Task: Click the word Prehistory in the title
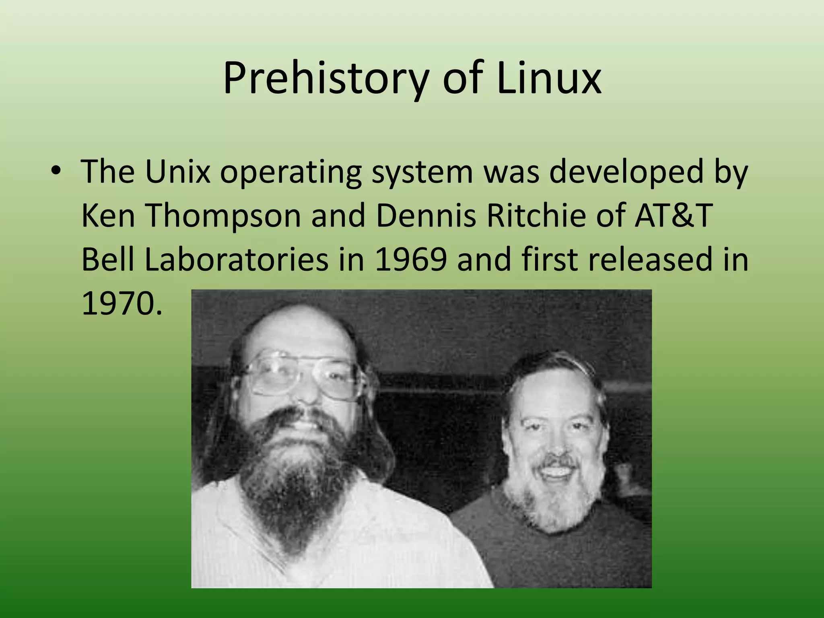(x=324, y=78)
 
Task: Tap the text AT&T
(x=674, y=215)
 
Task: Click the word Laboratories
(x=236, y=260)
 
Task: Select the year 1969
(x=410, y=260)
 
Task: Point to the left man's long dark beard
(x=298, y=475)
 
